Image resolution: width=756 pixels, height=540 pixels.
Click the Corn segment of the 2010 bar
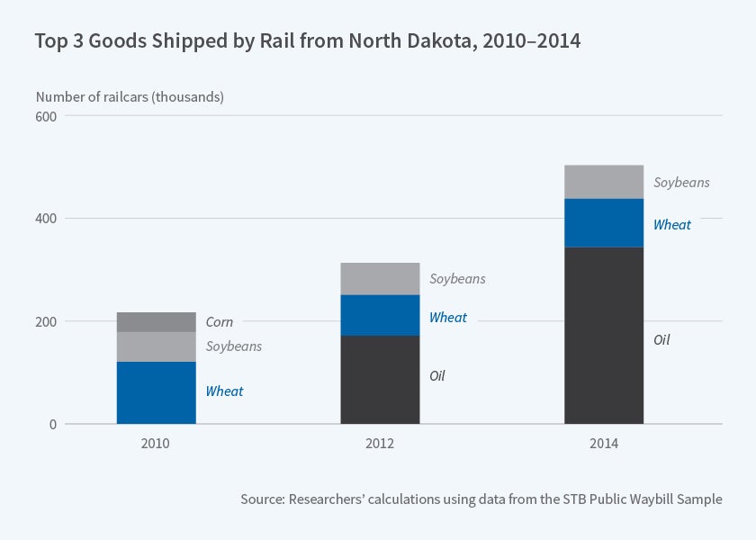pyautogui.click(x=156, y=322)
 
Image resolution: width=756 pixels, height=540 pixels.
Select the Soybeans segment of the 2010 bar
pyautogui.click(x=156, y=346)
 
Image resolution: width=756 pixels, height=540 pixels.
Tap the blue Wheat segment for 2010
pyautogui.click(x=156, y=392)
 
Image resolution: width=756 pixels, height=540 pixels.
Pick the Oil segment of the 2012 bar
pyautogui.click(x=380, y=379)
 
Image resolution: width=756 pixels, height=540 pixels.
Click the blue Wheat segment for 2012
pyautogui.click(x=380, y=315)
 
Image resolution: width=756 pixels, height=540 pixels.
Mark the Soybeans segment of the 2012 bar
pyautogui.click(x=380, y=279)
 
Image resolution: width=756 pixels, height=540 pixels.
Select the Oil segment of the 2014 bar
pyautogui.click(x=604, y=335)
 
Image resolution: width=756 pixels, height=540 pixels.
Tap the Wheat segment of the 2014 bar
pyautogui.click(x=604, y=222)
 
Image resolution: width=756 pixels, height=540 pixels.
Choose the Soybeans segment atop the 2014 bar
pyautogui.click(x=604, y=182)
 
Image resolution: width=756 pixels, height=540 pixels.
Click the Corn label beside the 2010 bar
pyautogui.click(x=219, y=322)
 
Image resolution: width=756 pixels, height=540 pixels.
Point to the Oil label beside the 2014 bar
pyautogui.click(x=661, y=340)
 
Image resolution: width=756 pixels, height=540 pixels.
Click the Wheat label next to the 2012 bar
pyautogui.click(x=447, y=318)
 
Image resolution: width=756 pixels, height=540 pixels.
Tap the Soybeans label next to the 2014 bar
pyautogui.click(x=681, y=183)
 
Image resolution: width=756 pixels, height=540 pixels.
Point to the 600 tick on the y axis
pyautogui.click(x=47, y=116)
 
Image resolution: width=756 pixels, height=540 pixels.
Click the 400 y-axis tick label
pyautogui.click(x=47, y=219)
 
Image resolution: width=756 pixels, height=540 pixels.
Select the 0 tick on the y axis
pyautogui.click(x=52, y=424)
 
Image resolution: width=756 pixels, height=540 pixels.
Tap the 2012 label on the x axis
pyautogui.click(x=380, y=444)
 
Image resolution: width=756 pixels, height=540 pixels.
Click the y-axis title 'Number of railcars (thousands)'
pyautogui.click(x=130, y=96)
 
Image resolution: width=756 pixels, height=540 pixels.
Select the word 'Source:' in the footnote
pyautogui.click(x=262, y=499)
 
